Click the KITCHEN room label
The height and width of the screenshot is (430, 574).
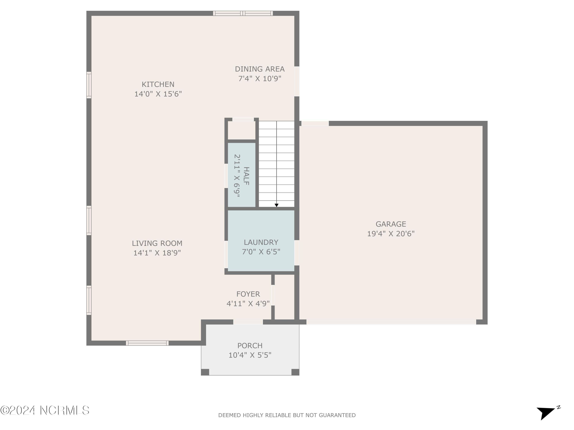tap(158, 84)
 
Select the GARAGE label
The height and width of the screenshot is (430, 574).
tap(391, 224)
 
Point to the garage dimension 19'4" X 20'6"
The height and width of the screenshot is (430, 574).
tap(391, 234)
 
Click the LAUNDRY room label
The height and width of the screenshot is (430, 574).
tap(261, 242)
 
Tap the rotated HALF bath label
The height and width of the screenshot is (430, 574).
tap(246, 176)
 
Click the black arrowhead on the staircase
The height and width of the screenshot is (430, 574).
tap(276, 205)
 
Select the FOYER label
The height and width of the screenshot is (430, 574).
tap(248, 294)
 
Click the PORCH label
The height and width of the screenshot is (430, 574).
tap(250, 346)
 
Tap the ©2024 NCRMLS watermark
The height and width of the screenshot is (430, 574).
tap(45, 411)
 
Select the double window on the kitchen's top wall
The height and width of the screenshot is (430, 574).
tap(243, 13)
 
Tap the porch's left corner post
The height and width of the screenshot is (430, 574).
tap(205, 372)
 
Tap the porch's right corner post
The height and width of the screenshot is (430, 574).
tap(295, 372)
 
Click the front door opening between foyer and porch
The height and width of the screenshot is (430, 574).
tap(248, 322)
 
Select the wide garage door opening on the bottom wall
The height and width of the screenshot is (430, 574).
tap(391, 322)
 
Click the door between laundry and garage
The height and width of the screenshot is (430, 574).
tap(297, 253)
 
